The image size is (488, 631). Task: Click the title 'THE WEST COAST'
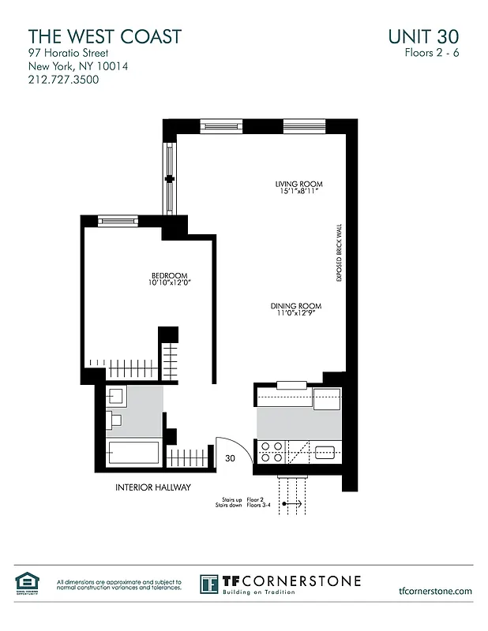pyautogui.click(x=105, y=36)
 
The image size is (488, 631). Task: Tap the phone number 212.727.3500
pyautogui.click(x=64, y=80)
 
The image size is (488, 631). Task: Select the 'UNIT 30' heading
pyautogui.click(x=423, y=36)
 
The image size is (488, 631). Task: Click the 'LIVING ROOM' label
pyautogui.click(x=298, y=185)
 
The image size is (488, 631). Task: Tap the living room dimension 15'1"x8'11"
pyautogui.click(x=298, y=192)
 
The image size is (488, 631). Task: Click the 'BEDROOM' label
pyautogui.click(x=169, y=274)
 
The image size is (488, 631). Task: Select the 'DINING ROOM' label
pyautogui.click(x=296, y=306)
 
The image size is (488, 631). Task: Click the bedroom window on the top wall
pyautogui.click(x=118, y=222)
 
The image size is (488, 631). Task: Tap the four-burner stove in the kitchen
pyautogui.click(x=272, y=452)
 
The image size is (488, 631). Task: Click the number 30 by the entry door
pyautogui.click(x=231, y=457)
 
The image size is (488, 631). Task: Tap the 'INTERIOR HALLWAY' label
pyautogui.click(x=153, y=487)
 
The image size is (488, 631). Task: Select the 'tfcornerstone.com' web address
pyautogui.click(x=436, y=591)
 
